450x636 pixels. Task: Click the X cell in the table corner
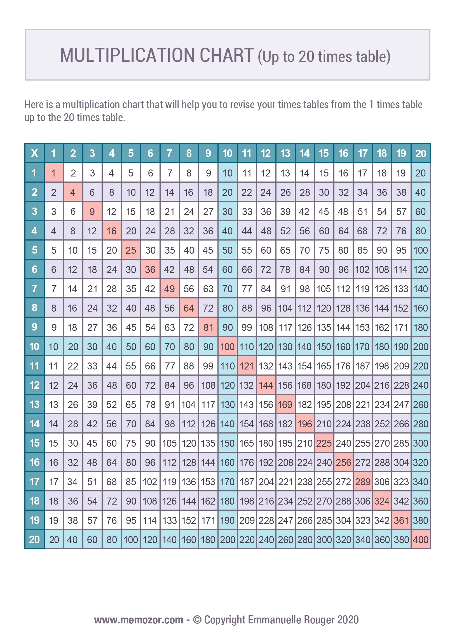coord(34,153)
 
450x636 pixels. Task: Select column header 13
coord(285,153)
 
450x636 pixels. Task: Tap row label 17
coord(34,482)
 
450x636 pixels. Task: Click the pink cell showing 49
coord(170,289)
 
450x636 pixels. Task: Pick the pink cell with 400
coord(421,540)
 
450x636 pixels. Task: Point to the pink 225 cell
coord(324,443)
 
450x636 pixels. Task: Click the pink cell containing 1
coord(54,173)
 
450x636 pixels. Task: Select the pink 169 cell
coord(285,405)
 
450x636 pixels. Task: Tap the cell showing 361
coord(401,520)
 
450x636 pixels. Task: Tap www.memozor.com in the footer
coord(139,620)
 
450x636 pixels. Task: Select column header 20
coord(421,153)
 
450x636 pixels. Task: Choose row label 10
coord(34,347)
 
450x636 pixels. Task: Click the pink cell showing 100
coord(227,347)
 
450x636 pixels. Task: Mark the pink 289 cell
coord(363,482)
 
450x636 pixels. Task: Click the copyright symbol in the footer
coord(197,620)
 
